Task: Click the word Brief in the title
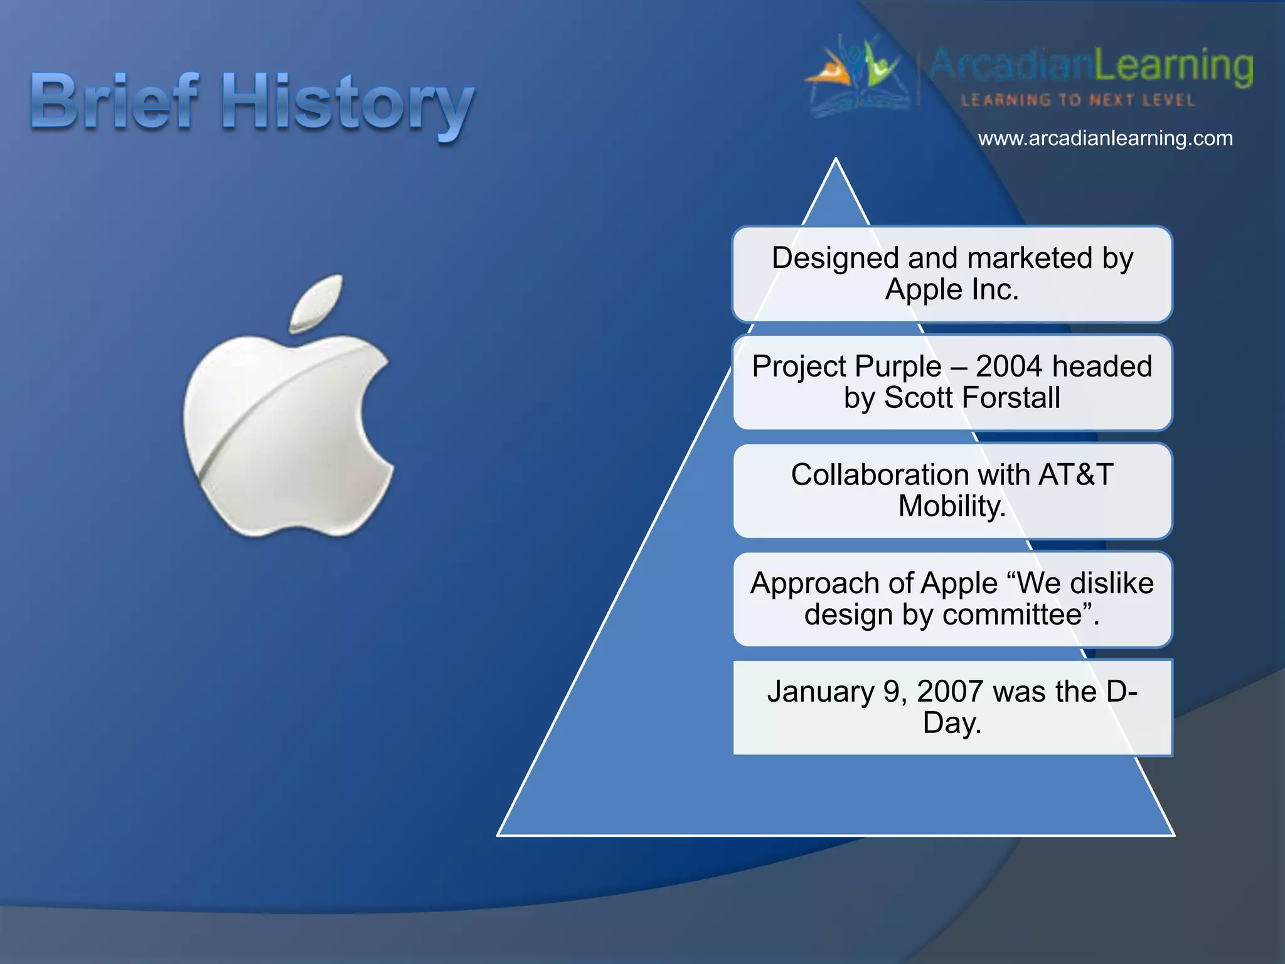tap(114, 102)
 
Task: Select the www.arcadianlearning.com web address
tap(1105, 138)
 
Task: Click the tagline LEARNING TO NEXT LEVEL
tap(1077, 100)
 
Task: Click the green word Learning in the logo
tap(1173, 66)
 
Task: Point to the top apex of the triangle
tap(836, 161)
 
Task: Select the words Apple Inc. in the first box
tap(952, 290)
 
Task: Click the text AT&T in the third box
tap(1075, 474)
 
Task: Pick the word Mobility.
tap(951, 506)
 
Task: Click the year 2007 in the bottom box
tap(950, 692)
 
